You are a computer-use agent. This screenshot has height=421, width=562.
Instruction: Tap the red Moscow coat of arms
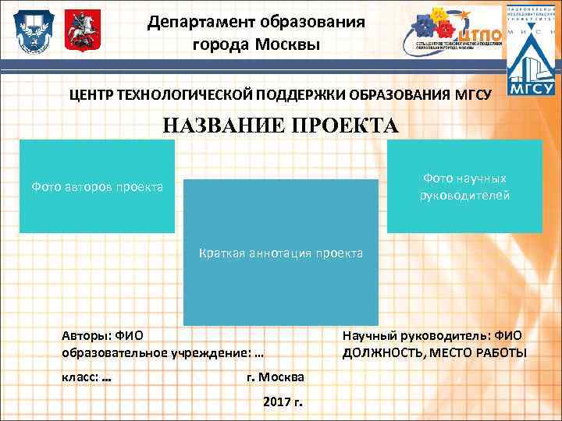point(76,30)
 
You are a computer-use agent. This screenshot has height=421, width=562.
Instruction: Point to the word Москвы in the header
point(290,44)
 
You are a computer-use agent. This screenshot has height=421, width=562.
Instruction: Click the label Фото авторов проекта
point(97,187)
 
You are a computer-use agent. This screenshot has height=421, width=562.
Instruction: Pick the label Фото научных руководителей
point(464,187)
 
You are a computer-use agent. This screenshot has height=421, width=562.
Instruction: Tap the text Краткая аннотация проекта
point(281,253)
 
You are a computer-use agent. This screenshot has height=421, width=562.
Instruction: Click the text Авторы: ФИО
point(102,336)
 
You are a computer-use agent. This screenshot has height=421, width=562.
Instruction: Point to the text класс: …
point(86,376)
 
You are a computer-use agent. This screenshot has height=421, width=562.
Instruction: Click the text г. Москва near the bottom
point(276,377)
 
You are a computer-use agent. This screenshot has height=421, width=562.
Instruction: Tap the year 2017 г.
point(283,402)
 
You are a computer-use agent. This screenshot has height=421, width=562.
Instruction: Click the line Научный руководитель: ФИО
point(432,336)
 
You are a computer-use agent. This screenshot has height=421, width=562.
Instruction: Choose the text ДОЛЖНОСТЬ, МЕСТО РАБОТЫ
point(435,353)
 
